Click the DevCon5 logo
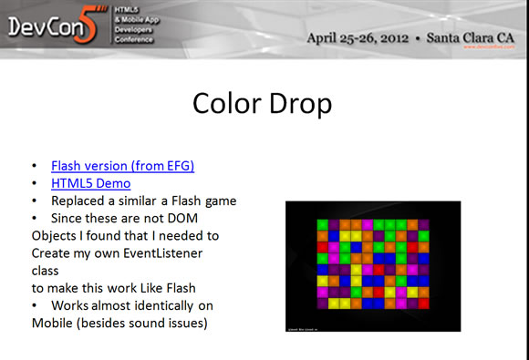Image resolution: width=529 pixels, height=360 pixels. click(x=54, y=27)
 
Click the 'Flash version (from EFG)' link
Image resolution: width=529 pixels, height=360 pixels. click(x=123, y=166)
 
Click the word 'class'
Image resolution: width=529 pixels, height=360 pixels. click(x=45, y=270)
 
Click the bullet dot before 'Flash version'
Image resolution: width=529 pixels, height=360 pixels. click(x=35, y=166)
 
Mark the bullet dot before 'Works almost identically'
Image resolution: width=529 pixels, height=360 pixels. click(x=35, y=304)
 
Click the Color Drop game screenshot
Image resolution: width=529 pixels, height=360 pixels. click(x=372, y=265)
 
